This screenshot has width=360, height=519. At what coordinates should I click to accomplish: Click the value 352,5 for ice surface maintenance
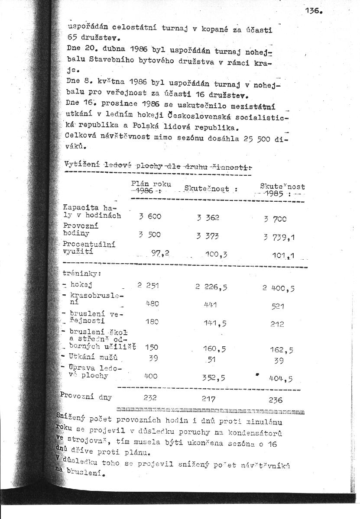(214, 377)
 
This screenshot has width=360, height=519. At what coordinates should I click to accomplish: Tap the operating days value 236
(275, 400)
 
